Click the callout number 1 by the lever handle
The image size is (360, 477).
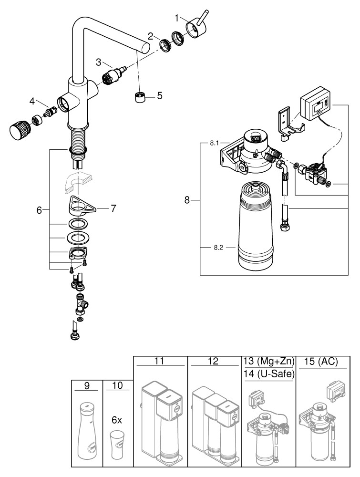177,18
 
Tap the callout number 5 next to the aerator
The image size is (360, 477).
159,95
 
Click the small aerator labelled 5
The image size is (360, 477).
140,98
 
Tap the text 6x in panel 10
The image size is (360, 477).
117,420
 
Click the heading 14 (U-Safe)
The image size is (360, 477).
269,374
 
